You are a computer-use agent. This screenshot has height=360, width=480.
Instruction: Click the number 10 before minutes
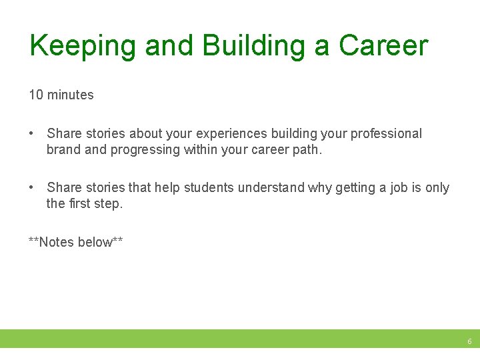35,95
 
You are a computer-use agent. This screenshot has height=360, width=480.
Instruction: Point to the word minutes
70,95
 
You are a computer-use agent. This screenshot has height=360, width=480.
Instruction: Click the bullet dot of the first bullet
32,134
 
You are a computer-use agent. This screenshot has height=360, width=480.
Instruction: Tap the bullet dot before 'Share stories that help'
32,188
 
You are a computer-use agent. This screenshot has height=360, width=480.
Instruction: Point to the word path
307,149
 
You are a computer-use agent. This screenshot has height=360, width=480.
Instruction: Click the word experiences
231,134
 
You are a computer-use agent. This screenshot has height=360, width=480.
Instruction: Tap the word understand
273,188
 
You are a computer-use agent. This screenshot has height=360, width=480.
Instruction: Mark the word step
110,203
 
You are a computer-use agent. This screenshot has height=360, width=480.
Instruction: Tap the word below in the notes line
95,242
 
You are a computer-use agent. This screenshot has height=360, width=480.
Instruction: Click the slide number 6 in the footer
469,341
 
